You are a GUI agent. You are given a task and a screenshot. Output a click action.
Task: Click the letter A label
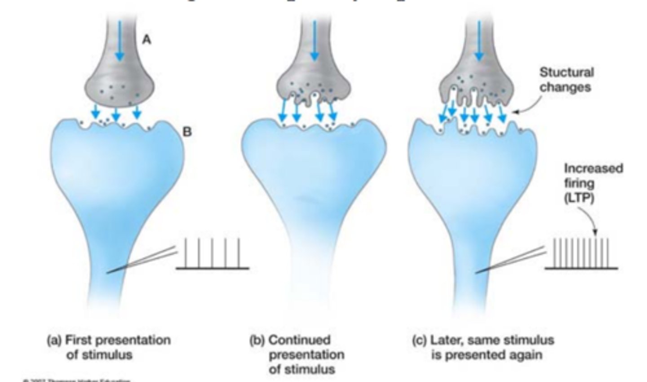(147, 40)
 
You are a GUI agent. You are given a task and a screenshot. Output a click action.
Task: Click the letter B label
(187, 132)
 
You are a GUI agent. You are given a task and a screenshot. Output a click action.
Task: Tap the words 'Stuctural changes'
(566, 80)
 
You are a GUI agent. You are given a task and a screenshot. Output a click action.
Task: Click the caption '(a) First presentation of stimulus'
(109, 347)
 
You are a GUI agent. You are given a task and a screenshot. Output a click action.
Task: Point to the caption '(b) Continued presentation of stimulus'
(297, 355)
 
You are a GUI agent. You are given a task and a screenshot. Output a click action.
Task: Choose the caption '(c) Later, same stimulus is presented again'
(483, 347)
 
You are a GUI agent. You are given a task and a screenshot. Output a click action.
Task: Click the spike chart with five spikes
(212, 254)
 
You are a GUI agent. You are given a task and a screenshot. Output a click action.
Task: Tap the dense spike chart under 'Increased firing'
(581, 254)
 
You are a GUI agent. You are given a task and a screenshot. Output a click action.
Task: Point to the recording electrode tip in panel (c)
(478, 272)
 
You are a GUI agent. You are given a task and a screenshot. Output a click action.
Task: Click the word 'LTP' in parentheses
(580, 198)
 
